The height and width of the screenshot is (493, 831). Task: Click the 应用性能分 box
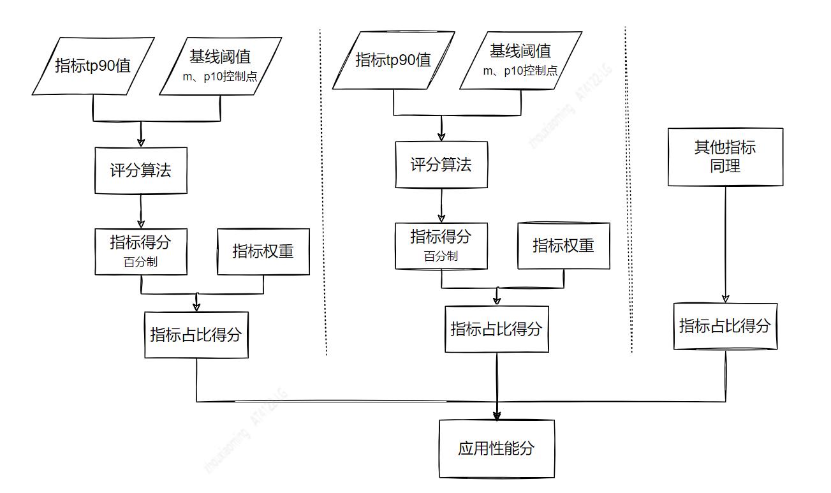pos(496,448)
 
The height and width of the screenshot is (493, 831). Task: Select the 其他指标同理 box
pos(725,157)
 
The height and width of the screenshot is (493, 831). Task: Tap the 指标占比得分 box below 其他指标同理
pos(725,326)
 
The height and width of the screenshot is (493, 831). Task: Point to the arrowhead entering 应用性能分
pos(497,415)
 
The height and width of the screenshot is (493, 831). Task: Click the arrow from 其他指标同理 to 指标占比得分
pos(725,242)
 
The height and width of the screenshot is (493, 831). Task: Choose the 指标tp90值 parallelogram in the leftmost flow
pos(93,66)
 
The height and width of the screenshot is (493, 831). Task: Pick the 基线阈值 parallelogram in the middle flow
pos(520,61)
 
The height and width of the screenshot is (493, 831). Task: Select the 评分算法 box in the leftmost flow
pos(141,170)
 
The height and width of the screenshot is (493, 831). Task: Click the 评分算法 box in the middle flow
pos(441,165)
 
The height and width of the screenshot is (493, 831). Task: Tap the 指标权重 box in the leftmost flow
pos(263,251)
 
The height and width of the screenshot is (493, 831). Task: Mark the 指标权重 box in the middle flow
pos(563,246)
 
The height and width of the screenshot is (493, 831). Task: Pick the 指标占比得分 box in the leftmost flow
pos(196,335)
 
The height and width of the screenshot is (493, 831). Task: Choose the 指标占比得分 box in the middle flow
pos(496,329)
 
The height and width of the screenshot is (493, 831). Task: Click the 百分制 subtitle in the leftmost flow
pos(141,261)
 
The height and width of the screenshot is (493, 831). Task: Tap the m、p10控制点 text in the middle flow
pos(520,71)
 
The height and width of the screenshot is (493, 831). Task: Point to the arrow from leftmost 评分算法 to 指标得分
pos(141,211)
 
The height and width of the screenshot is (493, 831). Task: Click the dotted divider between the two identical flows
pos(323,191)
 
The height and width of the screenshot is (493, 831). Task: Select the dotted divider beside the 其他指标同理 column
pos(628,191)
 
